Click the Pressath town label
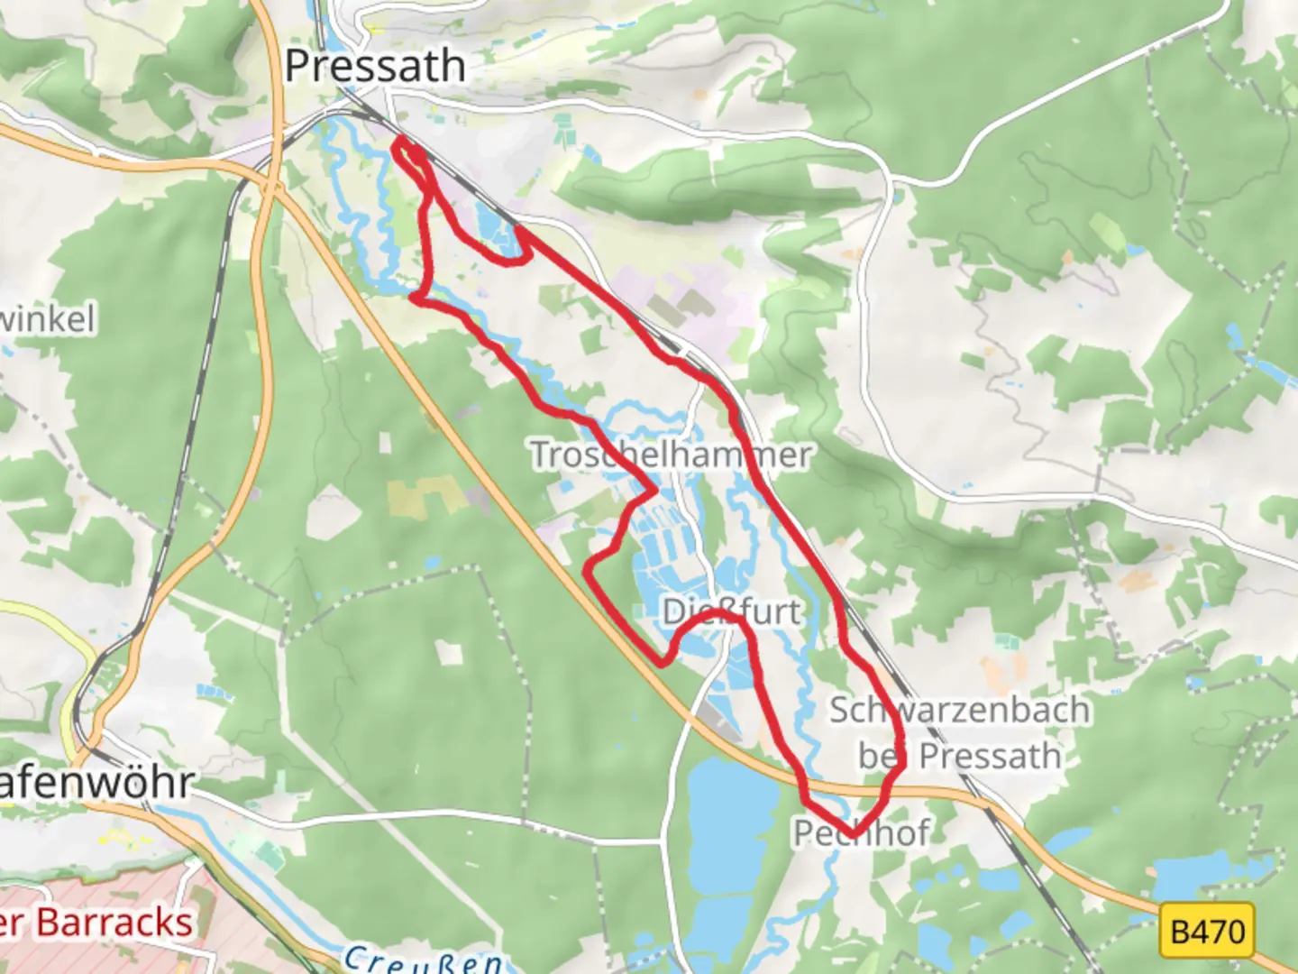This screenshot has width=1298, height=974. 375,67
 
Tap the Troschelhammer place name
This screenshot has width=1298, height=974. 671,455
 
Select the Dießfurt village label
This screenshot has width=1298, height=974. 731,612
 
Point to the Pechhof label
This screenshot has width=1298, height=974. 861,832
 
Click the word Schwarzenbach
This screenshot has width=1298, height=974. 959,710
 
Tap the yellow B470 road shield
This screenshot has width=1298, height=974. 1207,930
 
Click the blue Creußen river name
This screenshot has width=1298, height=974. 423,960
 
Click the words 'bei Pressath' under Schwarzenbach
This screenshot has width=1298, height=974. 959,756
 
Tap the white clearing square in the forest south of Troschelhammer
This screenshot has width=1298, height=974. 448,653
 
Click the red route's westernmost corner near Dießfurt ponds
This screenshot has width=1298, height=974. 588,568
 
